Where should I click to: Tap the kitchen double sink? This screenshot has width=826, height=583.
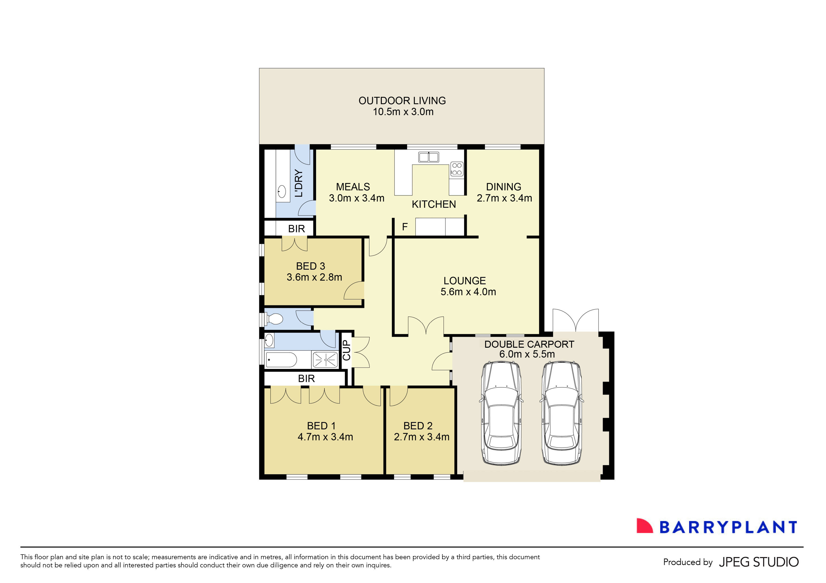point(428,157)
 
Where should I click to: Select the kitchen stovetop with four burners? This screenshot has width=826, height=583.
point(457,169)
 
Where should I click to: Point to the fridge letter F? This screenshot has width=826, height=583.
point(405,227)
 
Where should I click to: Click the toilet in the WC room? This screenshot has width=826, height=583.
point(274,319)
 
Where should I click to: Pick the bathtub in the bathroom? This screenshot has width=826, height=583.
point(281,360)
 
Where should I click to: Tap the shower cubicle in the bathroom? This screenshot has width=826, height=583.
point(326,360)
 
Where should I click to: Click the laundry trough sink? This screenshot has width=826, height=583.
point(282,192)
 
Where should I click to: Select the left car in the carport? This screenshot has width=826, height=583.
point(501,414)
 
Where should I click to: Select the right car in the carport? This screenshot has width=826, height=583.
point(562,414)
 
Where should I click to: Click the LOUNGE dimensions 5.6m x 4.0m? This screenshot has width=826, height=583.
point(468,292)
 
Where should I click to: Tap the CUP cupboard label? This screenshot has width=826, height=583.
point(346,350)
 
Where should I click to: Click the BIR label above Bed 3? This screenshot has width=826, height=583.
point(296,229)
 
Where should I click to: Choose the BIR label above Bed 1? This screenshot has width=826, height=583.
point(306,378)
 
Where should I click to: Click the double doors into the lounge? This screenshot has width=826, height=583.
point(426,326)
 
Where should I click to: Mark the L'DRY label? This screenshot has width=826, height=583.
point(298,184)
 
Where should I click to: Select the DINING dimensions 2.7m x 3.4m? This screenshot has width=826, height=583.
point(504,198)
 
